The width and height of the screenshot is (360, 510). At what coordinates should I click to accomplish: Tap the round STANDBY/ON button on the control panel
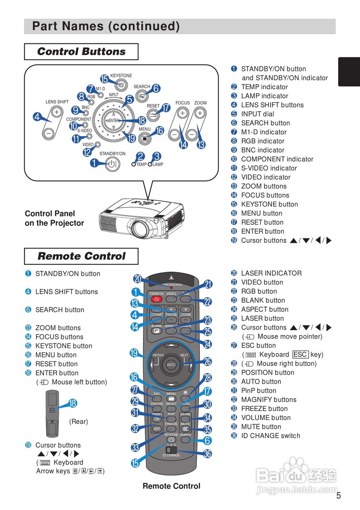coord(113,164)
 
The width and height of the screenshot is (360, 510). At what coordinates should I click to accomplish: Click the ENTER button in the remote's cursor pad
coord(171,364)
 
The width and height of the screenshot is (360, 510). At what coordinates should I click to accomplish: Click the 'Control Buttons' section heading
coord(81,52)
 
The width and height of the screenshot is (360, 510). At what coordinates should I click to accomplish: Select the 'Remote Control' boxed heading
coord(81,256)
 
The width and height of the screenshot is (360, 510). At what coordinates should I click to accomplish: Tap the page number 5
coord(338,496)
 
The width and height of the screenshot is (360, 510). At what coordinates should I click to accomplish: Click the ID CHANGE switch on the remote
coord(169,450)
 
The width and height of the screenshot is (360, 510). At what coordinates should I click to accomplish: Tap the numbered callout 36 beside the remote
coord(207,453)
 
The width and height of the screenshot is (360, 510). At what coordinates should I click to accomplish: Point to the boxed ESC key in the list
coord(300,355)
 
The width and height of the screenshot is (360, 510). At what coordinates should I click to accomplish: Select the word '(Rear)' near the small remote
coord(78,422)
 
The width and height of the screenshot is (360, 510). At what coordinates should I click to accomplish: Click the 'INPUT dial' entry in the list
coord(263,114)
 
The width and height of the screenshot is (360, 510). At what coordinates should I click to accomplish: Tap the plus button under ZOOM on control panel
coord(200,113)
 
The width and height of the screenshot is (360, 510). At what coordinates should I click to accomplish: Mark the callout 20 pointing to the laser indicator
coord(138,279)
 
